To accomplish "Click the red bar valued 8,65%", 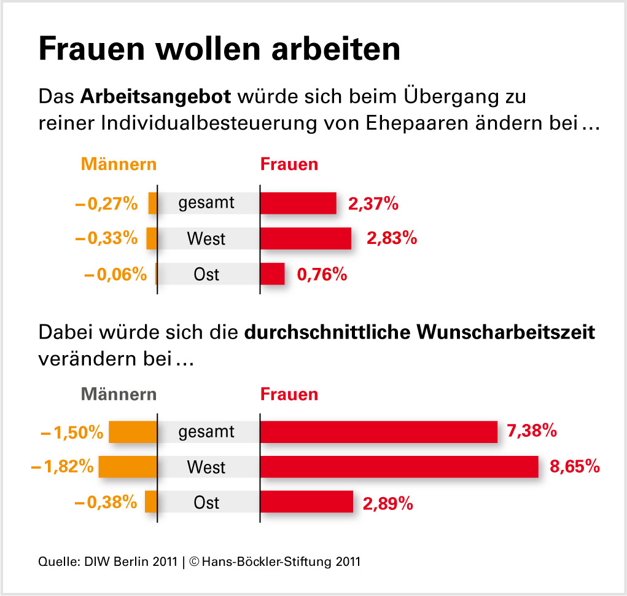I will click(x=399, y=467).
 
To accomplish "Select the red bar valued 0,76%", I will click(x=273, y=274).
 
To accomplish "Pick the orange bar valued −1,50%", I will click(x=133, y=432).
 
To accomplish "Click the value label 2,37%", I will click(x=373, y=203).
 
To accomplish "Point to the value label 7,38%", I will click(x=532, y=431).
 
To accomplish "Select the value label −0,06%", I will click(x=115, y=275).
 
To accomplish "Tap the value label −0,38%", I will click(x=106, y=503).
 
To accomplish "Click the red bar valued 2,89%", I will click(x=306, y=502).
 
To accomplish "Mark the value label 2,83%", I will click(x=392, y=238).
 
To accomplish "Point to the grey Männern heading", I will click(x=119, y=394).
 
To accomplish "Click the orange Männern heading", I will click(x=119, y=165).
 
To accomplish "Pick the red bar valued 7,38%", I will click(x=378, y=432).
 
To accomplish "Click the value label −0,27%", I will click(x=106, y=203).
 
